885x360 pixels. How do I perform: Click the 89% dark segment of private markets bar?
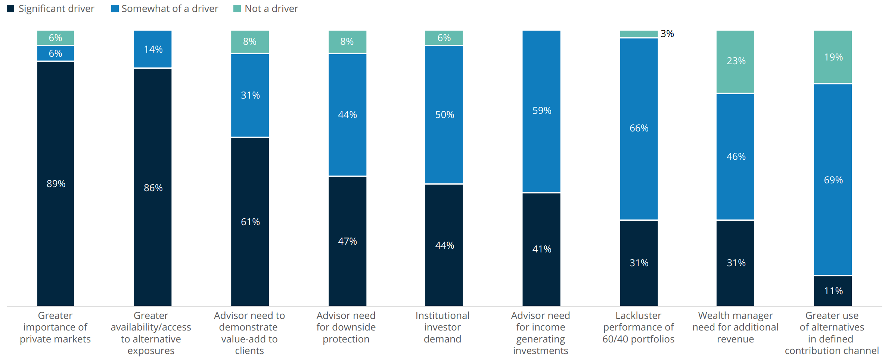pos(56,183)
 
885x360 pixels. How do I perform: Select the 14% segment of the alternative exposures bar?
pos(153,49)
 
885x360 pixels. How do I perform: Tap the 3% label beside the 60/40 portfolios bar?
pos(667,34)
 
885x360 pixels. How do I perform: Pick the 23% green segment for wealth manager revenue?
pos(735,61)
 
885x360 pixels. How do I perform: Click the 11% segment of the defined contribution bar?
pos(833,291)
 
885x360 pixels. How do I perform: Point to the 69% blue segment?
pos(833,180)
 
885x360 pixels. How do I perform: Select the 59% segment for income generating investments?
pos(541,111)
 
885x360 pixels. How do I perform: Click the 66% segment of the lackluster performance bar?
pos(639,128)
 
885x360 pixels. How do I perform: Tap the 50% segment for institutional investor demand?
pos(444,115)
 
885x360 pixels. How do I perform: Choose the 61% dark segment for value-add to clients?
pos(250,222)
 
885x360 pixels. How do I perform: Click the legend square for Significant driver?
pos(10,9)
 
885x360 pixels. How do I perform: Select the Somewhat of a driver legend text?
pos(170,9)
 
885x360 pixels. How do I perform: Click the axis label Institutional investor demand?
pos(442,327)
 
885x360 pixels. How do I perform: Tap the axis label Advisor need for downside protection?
pos(346,327)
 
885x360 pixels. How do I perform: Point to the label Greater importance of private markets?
pos(55,327)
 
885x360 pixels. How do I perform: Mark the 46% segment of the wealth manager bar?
pos(735,156)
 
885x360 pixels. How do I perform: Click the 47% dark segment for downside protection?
pos(347,241)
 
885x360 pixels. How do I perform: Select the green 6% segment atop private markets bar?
pos(56,38)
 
